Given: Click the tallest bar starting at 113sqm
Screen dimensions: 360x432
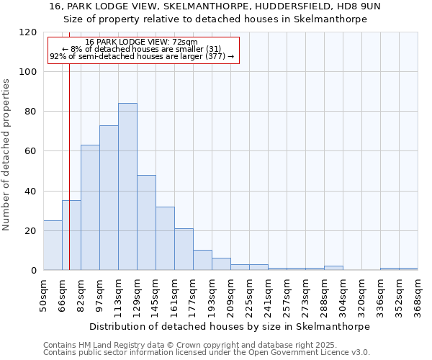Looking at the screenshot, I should (x=127, y=187).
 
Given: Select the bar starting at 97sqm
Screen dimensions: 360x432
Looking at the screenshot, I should (x=109, y=198).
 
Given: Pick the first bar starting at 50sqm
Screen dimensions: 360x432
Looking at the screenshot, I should (x=53, y=246).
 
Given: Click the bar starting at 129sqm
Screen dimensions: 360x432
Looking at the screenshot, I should (x=146, y=222).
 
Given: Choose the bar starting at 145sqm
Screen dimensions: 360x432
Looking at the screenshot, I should (x=165, y=238).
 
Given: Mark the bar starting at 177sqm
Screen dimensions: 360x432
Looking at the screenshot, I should (x=202, y=260).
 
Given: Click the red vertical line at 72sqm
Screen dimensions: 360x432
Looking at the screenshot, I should (x=69, y=166).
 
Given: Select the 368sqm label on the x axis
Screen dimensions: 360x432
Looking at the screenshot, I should (x=418, y=295).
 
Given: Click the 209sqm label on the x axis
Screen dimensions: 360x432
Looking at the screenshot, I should (x=230, y=295).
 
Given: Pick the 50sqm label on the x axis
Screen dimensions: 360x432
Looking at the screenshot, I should (x=44, y=295).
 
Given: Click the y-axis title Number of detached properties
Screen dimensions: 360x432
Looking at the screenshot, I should (x=7, y=155).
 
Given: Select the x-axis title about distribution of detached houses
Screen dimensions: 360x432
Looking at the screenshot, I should (x=230, y=326).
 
